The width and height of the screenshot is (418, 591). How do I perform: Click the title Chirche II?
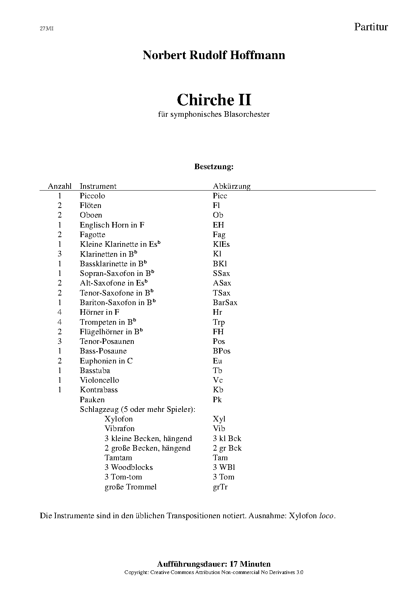[x=214, y=100]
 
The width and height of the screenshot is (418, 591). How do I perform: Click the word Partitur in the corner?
[x=371, y=27]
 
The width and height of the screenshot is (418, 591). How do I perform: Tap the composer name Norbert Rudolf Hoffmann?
[x=214, y=55]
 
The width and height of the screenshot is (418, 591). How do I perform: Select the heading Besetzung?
[x=214, y=167]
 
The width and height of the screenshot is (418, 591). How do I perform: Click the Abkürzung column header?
[x=232, y=186]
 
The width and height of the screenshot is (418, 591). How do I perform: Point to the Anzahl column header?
[x=60, y=186]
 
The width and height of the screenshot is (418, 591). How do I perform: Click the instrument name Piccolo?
[x=92, y=196]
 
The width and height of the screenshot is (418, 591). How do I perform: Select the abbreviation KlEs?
[x=221, y=244]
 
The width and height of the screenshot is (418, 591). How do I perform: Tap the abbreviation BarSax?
[x=225, y=303]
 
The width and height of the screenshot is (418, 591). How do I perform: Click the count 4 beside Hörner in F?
[x=60, y=312]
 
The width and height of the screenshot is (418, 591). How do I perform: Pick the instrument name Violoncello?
[x=99, y=380]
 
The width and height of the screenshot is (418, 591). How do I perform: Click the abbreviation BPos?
[x=221, y=351]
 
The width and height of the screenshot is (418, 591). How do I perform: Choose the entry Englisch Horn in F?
[x=112, y=225]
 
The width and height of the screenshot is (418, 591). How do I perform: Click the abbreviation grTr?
[x=220, y=487]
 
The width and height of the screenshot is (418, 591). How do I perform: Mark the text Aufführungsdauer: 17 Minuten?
[x=214, y=564]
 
